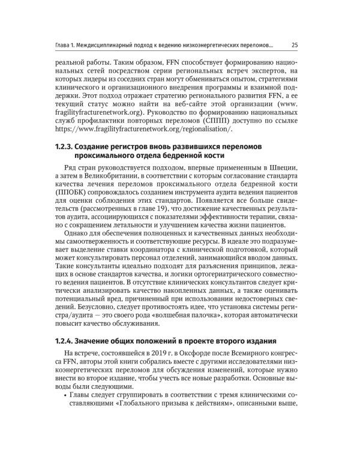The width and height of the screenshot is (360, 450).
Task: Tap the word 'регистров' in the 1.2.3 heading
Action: coord(134,148)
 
